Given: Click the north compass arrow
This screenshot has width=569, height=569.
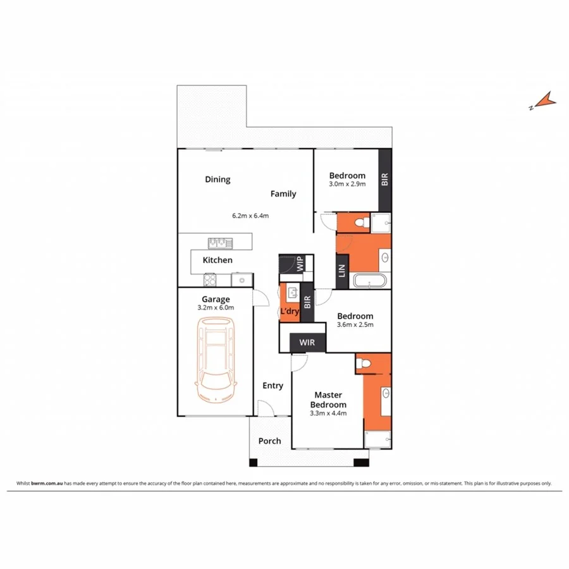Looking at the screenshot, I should (543, 101).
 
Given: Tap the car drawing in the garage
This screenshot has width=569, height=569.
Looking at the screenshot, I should (216, 359).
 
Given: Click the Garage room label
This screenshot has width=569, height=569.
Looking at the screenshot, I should (216, 299).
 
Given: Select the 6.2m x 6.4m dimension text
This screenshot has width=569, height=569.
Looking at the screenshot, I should (250, 216).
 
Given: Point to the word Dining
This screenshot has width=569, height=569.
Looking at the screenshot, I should (217, 180).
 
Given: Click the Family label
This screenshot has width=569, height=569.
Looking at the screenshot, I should (283, 193).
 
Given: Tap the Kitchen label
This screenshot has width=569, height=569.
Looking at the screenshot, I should (217, 260).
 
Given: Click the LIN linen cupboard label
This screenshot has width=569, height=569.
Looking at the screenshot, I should (341, 271).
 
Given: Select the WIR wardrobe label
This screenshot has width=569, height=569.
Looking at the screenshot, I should (307, 343).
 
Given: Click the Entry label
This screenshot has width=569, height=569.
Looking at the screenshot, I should (273, 386).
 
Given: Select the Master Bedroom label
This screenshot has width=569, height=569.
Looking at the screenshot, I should (328, 400).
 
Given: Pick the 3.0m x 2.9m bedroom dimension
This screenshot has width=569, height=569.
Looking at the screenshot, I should (347, 185).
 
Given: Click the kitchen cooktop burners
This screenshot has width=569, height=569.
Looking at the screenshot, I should (211, 279).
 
